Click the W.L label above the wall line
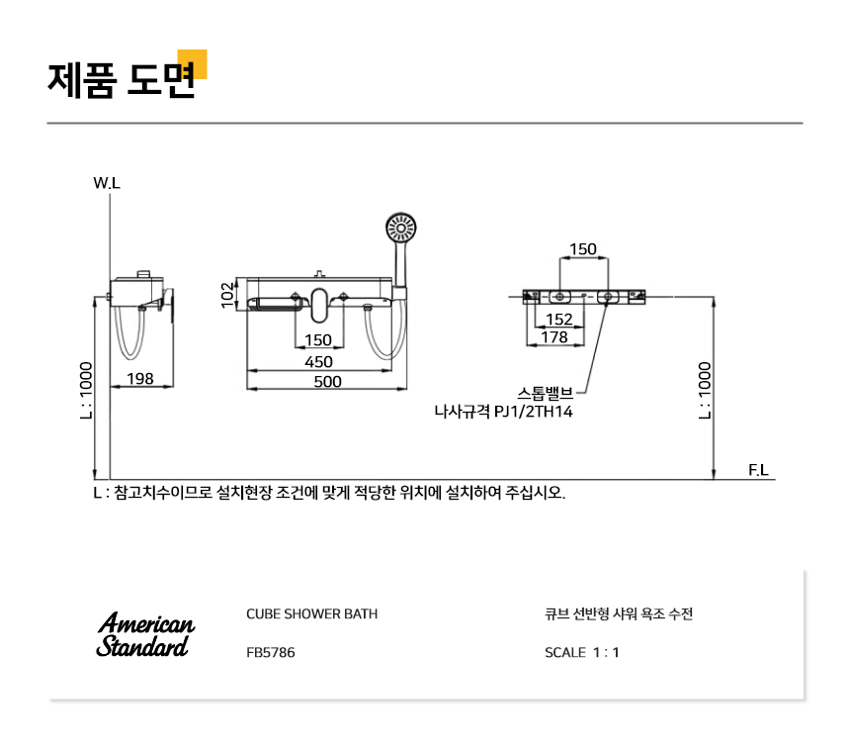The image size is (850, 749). point(107,183)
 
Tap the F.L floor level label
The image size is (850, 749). point(758,469)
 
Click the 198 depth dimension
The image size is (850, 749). point(140,378)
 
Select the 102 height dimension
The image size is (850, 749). point(228,295)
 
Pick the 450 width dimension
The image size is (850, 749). point(318,361)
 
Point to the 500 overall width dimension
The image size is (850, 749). point(327,382)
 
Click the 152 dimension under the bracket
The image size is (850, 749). point(558,320)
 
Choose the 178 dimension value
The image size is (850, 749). point(554,337)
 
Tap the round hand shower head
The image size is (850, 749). point(401,229)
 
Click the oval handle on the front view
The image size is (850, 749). point(319,305)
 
